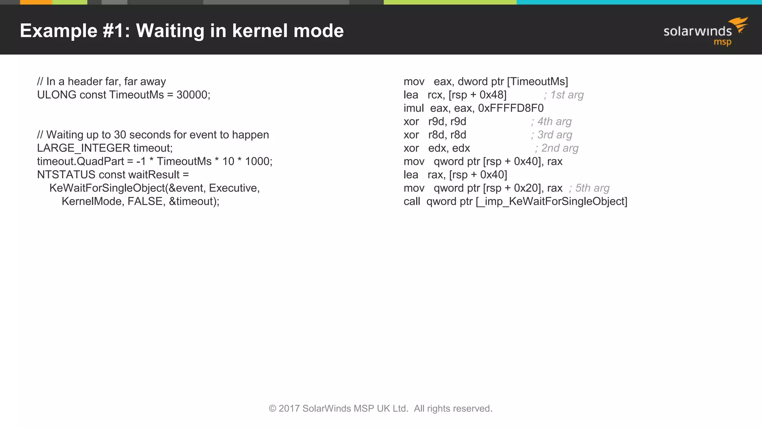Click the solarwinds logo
(705, 32)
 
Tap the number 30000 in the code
(192, 95)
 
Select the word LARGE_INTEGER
(83, 148)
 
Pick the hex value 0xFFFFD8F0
(510, 108)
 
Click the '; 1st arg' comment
(563, 95)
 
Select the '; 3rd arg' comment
(551, 135)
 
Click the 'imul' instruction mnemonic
(413, 108)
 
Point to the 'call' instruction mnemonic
(412, 201)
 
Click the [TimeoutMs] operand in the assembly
(537, 82)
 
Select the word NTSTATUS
(66, 175)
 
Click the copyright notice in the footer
(381, 408)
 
